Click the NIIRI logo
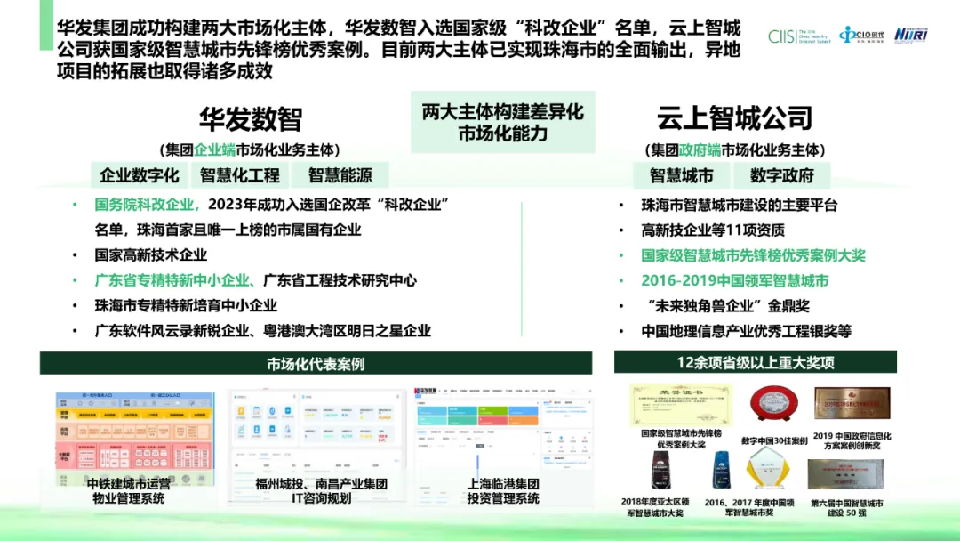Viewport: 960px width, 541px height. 911,35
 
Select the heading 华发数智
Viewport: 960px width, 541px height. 250,119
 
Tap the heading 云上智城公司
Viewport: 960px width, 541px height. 735,117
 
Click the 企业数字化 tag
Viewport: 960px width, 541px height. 140,175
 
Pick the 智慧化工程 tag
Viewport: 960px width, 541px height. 240,175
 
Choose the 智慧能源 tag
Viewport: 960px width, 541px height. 340,175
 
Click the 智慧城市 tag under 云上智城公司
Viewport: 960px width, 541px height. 682,175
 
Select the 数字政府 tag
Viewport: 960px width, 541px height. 782,175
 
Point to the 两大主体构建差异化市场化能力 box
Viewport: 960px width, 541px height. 502,123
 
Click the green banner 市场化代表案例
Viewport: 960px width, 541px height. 316,363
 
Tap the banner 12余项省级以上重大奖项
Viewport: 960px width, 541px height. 756,362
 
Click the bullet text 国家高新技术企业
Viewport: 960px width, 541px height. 151,254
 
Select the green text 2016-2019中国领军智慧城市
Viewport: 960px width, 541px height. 735,280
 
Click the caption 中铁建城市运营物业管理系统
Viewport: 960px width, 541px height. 125,491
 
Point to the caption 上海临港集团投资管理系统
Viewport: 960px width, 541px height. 503,491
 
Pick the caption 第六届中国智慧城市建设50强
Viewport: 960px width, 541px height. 846,508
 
